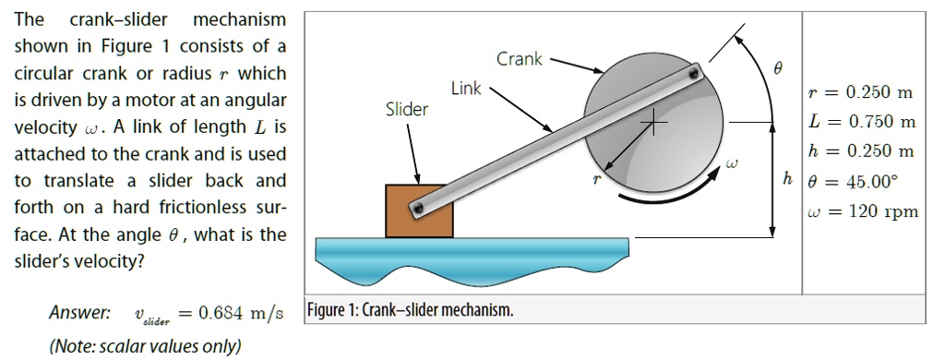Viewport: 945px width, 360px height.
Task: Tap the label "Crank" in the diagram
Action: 520,59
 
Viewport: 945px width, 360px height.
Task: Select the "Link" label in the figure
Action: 466,89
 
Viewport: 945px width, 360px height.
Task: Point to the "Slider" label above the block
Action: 407,110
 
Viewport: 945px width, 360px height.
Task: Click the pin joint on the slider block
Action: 420,210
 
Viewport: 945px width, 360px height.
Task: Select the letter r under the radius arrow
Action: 596,180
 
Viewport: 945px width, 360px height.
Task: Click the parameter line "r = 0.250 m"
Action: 860,92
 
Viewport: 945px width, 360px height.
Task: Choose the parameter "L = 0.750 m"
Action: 860,121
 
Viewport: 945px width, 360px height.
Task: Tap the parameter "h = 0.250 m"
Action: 860,150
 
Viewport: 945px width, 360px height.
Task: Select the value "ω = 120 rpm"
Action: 862,211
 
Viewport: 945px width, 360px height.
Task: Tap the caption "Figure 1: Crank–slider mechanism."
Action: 410,310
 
